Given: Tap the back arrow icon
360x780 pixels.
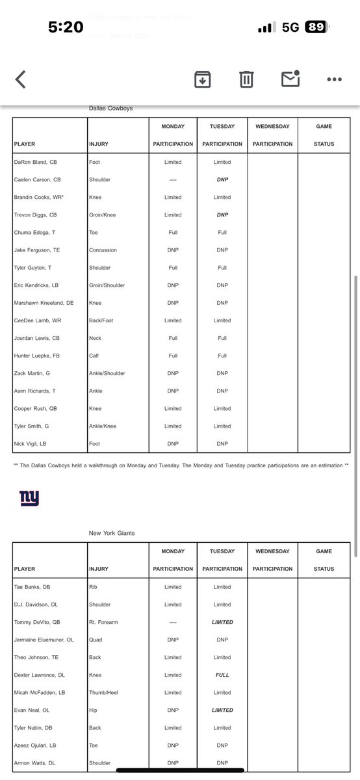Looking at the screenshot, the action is (21, 79).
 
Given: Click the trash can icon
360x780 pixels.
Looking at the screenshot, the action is (246, 79).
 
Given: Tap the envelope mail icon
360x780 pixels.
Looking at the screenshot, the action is (290, 79).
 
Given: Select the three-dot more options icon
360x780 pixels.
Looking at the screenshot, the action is (334, 79).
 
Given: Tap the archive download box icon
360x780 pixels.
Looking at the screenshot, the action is (202, 79).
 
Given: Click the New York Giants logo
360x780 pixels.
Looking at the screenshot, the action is (29, 498).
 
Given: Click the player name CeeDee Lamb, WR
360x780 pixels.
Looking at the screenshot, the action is (37, 320).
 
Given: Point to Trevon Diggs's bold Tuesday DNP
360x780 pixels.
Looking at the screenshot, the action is (222, 215).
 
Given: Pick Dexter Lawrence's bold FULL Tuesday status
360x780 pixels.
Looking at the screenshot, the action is (222, 675).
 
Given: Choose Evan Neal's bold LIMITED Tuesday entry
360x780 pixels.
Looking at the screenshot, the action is (222, 710).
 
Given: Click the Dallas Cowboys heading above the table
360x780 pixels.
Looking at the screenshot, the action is (110, 109).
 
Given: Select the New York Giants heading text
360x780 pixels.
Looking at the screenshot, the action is (112, 533).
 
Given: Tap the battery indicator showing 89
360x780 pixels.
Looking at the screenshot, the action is (316, 27).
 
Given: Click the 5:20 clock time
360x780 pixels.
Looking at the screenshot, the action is (66, 27).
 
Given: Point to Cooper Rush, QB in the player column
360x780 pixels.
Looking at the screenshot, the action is (35, 409).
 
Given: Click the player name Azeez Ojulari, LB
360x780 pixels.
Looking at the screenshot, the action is (36, 746).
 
